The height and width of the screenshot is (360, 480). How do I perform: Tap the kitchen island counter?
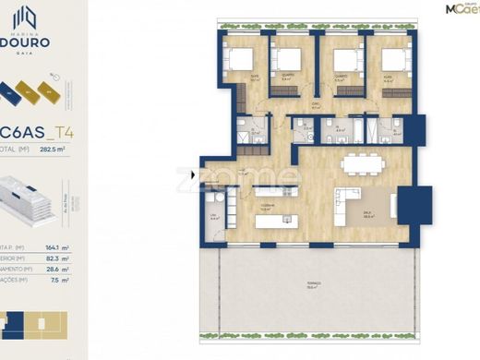[x=275, y=220]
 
